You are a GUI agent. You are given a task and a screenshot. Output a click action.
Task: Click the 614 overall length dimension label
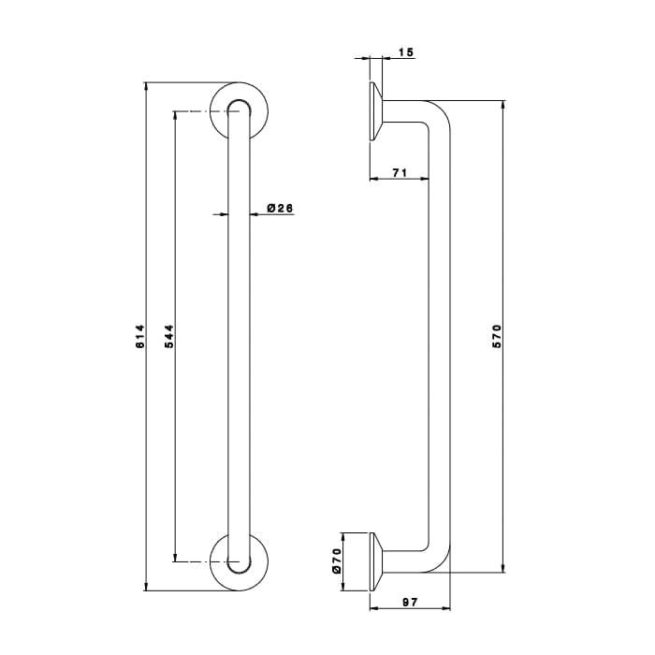pyautogui.click(x=140, y=336)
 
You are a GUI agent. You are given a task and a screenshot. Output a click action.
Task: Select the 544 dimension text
pyautogui.click(x=169, y=336)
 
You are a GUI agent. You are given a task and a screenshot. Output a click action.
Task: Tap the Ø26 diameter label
pyautogui.click(x=280, y=208)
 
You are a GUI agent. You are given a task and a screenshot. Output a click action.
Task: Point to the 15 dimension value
pyautogui.click(x=405, y=52)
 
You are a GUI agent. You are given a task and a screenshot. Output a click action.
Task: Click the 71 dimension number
pyautogui.click(x=400, y=172)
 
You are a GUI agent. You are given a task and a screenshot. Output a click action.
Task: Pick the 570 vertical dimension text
pyautogui.click(x=497, y=336)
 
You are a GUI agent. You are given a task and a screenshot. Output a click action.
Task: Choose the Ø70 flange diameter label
pyautogui.click(x=337, y=561)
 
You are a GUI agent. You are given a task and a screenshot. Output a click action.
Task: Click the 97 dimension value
pyautogui.click(x=410, y=602)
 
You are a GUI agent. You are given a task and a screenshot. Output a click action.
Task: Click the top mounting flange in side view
pyautogui.click(x=375, y=111)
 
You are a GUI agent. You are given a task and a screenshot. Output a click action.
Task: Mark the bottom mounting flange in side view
pyautogui.click(x=375, y=561)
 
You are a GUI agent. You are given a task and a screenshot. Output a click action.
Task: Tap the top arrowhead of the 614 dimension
pyautogui.click(x=146, y=86)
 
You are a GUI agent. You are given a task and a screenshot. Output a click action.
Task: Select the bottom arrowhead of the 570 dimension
pyautogui.click(x=503, y=568)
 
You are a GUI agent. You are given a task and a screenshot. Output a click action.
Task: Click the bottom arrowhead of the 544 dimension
pyautogui.click(x=175, y=558)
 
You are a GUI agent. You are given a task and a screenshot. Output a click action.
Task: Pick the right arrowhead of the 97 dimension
pyautogui.click(x=446, y=608)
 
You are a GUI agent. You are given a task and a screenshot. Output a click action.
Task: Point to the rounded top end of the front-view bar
pyautogui.click(x=240, y=101)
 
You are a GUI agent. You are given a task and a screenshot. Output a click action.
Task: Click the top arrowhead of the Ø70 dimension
pyautogui.click(x=342, y=537)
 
